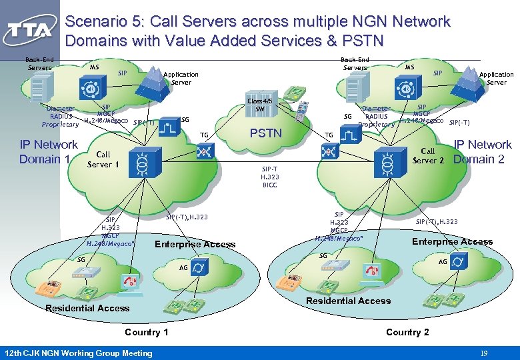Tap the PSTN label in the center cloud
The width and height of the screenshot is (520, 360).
pos(265,133)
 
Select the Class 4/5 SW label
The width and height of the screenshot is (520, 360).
pos(260,105)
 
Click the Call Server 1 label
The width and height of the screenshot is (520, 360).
pos(103,159)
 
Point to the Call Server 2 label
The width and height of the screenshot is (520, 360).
pos(428,156)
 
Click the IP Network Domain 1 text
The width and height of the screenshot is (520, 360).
pos(48,152)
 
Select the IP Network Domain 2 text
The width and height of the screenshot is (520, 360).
pos(482,152)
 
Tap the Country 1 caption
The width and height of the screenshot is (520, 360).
pos(147,332)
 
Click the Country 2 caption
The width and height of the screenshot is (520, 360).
pos(407,332)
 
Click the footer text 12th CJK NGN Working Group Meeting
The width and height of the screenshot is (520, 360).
pos(78,353)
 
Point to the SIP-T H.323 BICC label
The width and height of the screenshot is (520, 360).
pos(269,177)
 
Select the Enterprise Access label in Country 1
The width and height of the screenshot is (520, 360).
pos(195,244)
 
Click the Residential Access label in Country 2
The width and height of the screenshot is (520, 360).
pos(348,301)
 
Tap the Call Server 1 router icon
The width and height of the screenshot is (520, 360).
pos(141,163)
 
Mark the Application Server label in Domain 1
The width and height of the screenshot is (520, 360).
pos(181,79)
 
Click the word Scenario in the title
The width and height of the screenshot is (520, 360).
pos(97,22)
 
